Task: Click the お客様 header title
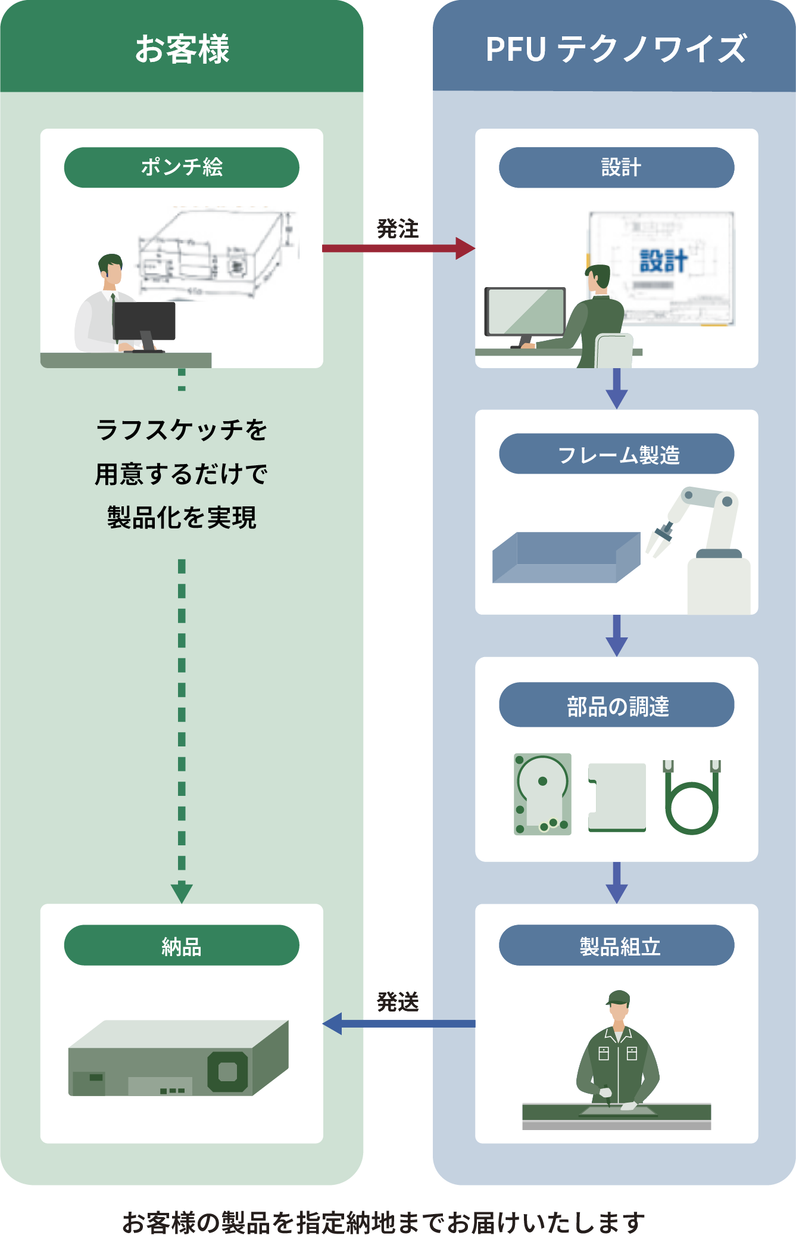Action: point(182,49)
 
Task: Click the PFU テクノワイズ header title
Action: point(616,49)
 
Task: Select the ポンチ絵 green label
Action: point(182,167)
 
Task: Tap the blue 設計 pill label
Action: point(616,167)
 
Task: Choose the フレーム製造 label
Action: point(616,455)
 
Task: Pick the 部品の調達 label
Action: point(616,705)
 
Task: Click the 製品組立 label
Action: point(616,945)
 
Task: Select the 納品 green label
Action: point(182,945)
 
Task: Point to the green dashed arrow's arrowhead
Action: point(182,893)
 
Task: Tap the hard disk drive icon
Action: point(542,794)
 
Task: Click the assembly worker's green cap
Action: point(619,998)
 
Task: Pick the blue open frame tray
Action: point(566,558)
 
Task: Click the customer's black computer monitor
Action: point(145,321)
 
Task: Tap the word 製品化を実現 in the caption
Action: point(182,517)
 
